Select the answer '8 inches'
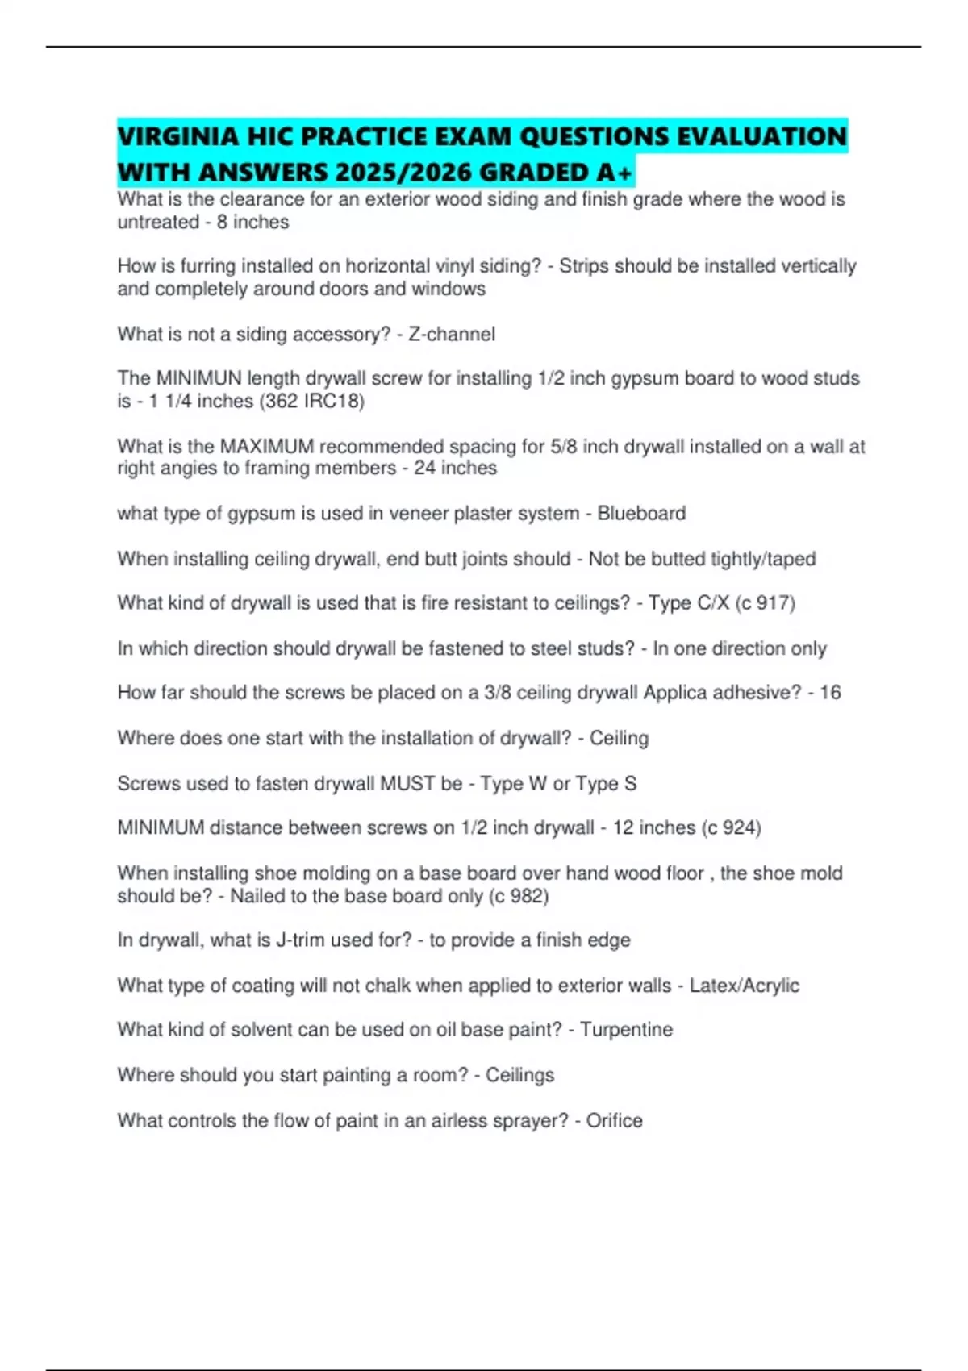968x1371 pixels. (252, 222)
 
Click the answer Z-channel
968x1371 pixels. (452, 334)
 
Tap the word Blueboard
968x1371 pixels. (641, 514)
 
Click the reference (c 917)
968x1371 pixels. (765, 603)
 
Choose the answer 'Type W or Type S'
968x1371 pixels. (558, 783)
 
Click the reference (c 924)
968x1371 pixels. (731, 827)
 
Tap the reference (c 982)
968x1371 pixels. (518, 896)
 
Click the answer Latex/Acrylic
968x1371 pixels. (744, 986)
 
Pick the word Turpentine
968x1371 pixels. (626, 1030)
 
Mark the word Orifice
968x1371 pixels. (614, 1121)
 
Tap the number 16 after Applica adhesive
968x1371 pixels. (830, 693)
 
